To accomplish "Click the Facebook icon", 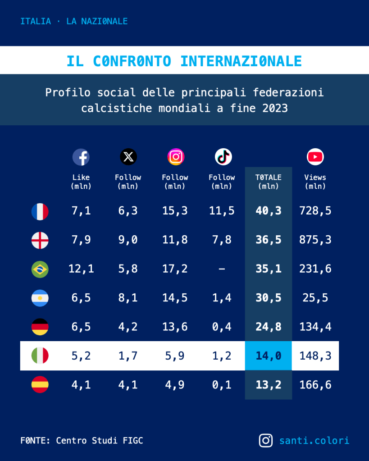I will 81,157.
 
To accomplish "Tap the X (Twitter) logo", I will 128,157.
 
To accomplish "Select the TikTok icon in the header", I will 223,157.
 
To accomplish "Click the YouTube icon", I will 315,157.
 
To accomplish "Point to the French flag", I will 40,211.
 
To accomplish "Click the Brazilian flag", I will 40,269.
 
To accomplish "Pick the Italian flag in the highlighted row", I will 40,356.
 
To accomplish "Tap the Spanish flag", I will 40,384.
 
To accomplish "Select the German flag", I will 40,327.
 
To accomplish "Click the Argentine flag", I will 40,298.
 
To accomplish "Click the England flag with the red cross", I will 40,240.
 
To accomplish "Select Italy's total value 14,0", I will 268,356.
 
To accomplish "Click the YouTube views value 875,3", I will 315,240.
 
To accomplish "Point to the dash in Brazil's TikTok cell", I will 222,269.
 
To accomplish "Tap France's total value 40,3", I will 268,211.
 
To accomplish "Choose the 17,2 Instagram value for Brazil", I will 175,269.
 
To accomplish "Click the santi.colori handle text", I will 314,440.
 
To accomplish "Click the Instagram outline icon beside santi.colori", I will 266,440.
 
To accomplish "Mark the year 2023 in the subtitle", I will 274,109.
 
